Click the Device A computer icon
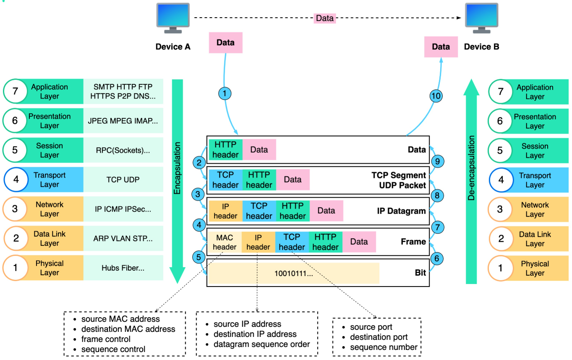pos(172,18)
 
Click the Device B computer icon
pos(481,18)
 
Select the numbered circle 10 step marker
pos(436,96)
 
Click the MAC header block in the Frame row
pos(225,242)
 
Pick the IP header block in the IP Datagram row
pos(226,211)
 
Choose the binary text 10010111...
pos(294,273)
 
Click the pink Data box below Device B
pos(441,47)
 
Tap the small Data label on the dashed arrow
pos(325,18)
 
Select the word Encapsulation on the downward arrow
pos(178,168)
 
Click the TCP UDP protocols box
pos(123,180)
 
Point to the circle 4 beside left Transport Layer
pos(16,179)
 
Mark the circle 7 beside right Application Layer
pos(500,91)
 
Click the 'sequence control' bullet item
pos(113,349)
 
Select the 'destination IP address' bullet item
pos(255,334)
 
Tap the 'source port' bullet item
pos(371,327)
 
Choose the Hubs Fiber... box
pos(123,268)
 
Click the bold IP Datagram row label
pos(401,211)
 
